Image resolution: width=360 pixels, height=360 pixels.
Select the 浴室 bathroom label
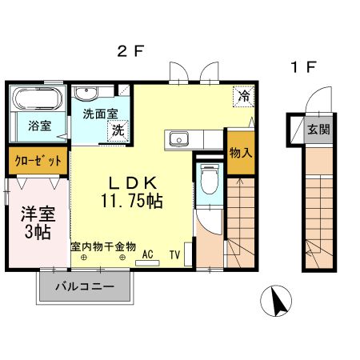tap(39, 126)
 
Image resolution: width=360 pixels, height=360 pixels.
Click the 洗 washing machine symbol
tap(118, 130)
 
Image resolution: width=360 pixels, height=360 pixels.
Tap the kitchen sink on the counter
tap(178, 138)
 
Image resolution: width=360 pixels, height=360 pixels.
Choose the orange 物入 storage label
tap(239, 149)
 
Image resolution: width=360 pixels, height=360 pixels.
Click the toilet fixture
tap(210, 177)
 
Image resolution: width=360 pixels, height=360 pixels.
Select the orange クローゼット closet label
tap(38, 161)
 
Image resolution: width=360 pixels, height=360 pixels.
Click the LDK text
tap(132, 180)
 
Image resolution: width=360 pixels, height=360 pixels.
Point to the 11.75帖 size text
tap(132, 201)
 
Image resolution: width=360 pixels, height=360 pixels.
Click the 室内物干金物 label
tap(102, 247)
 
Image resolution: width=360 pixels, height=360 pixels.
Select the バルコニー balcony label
tap(84, 286)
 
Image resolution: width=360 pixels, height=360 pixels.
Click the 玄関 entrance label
tap(318, 129)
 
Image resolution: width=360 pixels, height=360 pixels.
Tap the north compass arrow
tap(279, 302)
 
